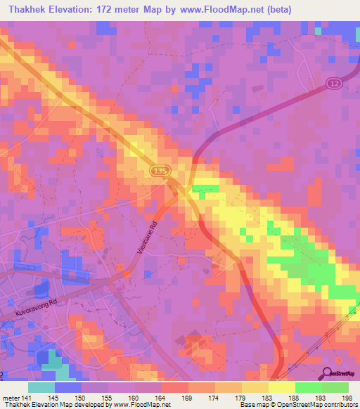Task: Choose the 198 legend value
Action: [x=349, y=398]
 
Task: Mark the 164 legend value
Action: [x=162, y=398]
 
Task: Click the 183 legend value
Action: [x=269, y=398]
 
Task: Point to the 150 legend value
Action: [x=81, y=398]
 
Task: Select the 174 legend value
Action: [x=215, y=398]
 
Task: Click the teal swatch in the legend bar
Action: [x=41, y=387]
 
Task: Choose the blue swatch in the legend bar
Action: [x=67, y=387]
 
